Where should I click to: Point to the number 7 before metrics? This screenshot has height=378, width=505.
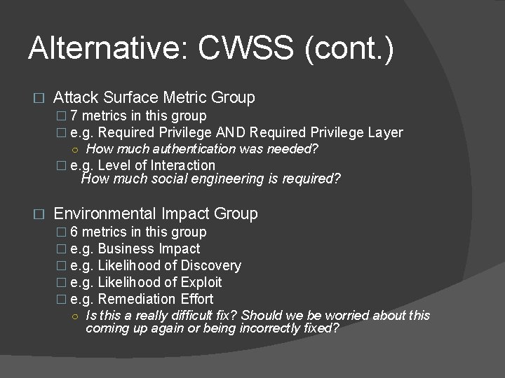(74, 115)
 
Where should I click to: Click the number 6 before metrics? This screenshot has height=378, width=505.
(74, 232)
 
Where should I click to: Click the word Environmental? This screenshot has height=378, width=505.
(105, 213)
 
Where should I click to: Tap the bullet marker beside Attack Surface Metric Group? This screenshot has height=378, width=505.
(39, 98)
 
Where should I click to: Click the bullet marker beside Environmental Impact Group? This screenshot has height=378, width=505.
(39, 214)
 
